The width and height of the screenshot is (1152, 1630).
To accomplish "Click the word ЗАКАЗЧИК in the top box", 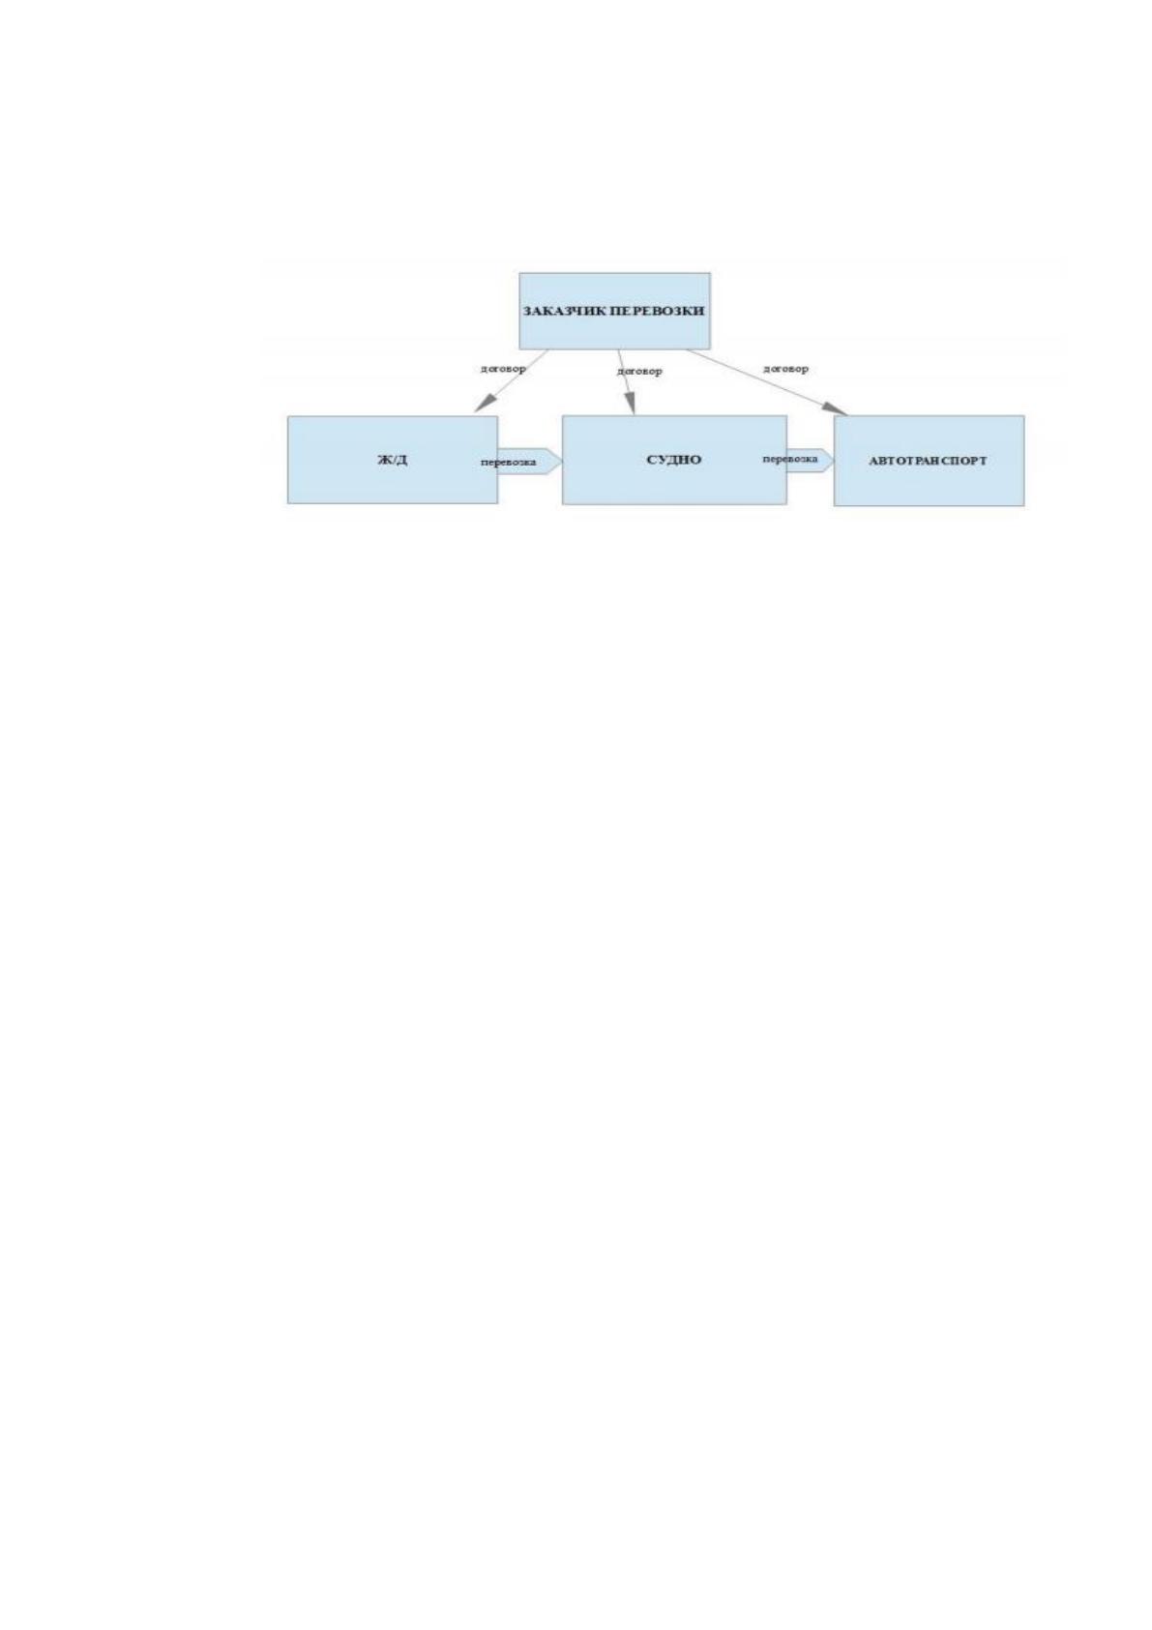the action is click(x=565, y=311).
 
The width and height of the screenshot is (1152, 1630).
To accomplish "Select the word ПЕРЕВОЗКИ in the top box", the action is click(x=657, y=311).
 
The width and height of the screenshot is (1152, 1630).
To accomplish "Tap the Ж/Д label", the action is click(x=392, y=460).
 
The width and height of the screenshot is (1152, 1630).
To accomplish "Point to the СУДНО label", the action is click(x=673, y=460).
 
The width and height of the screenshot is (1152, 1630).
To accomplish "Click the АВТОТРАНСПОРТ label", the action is click(x=928, y=461).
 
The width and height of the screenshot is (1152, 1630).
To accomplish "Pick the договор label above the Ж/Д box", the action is click(x=503, y=368).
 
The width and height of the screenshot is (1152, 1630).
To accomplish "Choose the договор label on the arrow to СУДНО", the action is click(x=639, y=371).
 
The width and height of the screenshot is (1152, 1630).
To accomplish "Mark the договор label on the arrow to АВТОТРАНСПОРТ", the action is click(x=785, y=369).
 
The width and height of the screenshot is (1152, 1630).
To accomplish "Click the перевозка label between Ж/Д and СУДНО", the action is click(x=509, y=462).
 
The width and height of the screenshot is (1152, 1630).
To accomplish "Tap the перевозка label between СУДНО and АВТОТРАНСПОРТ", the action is click(x=790, y=459).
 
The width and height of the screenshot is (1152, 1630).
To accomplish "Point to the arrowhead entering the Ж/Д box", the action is click(x=485, y=403).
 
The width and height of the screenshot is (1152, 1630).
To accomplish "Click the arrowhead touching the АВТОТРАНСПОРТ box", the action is click(x=836, y=408).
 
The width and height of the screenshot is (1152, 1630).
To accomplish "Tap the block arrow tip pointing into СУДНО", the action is click(x=561, y=462).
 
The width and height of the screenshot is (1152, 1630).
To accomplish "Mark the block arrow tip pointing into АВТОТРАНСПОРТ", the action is click(x=833, y=460).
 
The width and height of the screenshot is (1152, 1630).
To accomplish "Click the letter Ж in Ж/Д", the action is click(x=384, y=460).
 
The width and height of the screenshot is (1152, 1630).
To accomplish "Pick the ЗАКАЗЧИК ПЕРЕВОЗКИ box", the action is click(x=614, y=311).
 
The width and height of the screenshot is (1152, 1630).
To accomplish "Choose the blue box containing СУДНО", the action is click(x=674, y=460).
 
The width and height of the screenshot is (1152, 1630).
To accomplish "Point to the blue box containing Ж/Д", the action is click(x=393, y=460).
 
